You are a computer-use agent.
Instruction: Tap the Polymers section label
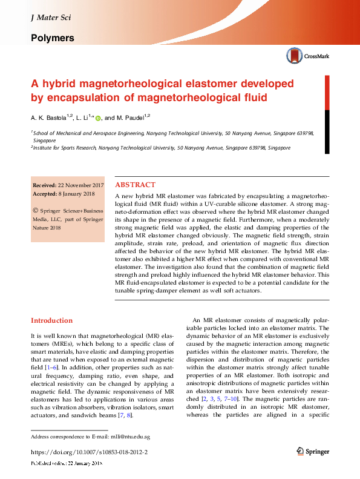pyautogui.click(x=53, y=38)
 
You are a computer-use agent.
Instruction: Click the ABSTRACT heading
pyautogui.click(x=135, y=185)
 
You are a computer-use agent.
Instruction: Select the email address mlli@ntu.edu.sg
pyautogui.click(x=129, y=436)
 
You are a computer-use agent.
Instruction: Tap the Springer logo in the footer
pyautogui.click(x=313, y=451)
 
